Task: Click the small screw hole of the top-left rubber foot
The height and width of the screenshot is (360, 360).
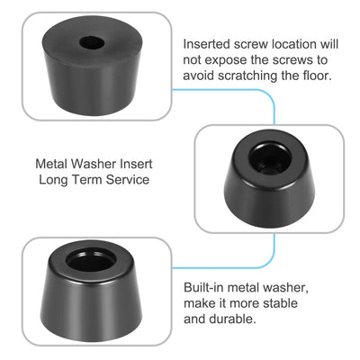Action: [x=92, y=42]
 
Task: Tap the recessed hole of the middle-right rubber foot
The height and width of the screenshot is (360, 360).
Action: [x=270, y=158]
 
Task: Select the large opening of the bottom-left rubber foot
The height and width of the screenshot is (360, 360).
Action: [x=91, y=260]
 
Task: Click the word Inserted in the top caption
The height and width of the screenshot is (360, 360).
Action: [x=207, y=44]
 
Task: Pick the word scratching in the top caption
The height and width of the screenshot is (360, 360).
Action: [x=247, y=76]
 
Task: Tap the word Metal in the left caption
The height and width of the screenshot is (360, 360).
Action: [x=51, y=164]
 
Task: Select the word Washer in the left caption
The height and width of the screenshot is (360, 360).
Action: [x=94, y=164]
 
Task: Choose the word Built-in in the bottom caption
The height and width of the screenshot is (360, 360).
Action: [x=203, y=287]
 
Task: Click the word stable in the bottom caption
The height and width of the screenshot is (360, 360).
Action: [x=280, y=303]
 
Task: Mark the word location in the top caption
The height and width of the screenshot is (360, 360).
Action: [x=294, y=44]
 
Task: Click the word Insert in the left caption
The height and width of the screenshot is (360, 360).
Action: [x=136, y=164]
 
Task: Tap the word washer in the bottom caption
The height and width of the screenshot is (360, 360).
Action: [x=283, y=287]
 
